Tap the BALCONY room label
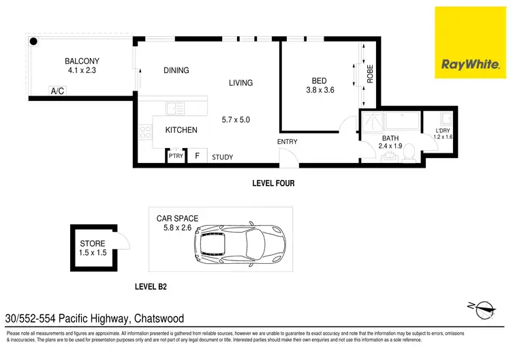point(82,65)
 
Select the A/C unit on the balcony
point(57,91)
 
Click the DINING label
point(176,70)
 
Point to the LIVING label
point(241,83)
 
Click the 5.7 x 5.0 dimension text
point(236,120)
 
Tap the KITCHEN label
point(181,130)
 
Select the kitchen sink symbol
point(174,108)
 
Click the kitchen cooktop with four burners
point(146,132)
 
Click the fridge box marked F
point(197,156)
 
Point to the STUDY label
point(222,157)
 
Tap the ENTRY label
point(287,142)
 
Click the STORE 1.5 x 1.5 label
point(92,247)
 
